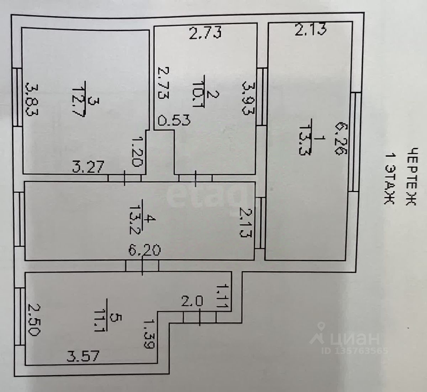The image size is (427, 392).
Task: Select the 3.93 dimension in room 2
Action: (x=248, y=98)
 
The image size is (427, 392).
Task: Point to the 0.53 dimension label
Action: (x=174, y=120)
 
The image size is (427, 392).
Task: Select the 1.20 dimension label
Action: (x=137, y=152)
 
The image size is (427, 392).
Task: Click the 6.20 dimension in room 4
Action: (x=144, y=249)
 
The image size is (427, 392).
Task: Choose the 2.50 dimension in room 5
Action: (x=34, y=320)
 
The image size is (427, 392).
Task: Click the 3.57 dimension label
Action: (x=83, y=355)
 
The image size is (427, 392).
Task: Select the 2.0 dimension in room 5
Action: (x=192, y=302)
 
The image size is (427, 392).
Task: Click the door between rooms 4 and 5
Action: (x=142, y=266)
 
